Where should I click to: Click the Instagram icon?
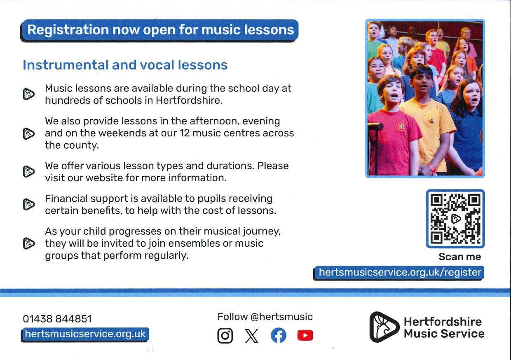(x=225, y=335)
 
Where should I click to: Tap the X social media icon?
(x=252, y=336)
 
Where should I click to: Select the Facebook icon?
(x=278, y=335)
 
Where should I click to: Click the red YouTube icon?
(x=305, y=335)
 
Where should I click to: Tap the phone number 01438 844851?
(x=57, y=319)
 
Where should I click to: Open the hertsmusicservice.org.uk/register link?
(x=399, y=272)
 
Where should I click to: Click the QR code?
(x=455, y=219)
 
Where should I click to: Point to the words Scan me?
(x=460, y=257)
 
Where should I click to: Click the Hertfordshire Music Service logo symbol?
(x=384, y=327)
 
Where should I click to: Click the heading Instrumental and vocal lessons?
(x=125, y=65)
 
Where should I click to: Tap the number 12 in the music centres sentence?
(x=184, y=133)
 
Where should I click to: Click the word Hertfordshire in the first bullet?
(x=188, y=101)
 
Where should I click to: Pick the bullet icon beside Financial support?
(x=29, y=204)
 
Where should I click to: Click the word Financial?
(x=66, y=199)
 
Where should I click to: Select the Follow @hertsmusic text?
(x=265, y=317)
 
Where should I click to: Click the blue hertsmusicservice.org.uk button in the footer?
(x=85, y=334)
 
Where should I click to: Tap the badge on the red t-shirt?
(x=401, y=127)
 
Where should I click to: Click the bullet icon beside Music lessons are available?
(x=29, y=94)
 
